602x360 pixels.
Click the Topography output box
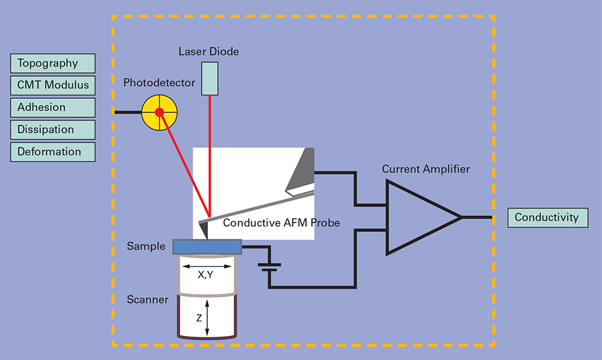[53, 63]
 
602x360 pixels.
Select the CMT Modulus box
[53, 85]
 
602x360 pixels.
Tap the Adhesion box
[53, 107]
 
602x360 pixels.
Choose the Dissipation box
[53, 129]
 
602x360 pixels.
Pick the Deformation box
[53, 151]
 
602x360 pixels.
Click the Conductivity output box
[548, 217]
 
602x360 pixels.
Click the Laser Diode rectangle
[209, 79]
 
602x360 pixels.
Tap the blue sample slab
[207, 246]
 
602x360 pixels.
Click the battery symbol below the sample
[270, 266]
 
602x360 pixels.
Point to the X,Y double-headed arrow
[207, 266]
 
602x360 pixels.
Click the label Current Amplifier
[426, 169]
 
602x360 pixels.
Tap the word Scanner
[148, 299]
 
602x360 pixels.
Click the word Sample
[146, 246]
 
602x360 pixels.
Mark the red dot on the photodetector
[160, 112]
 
